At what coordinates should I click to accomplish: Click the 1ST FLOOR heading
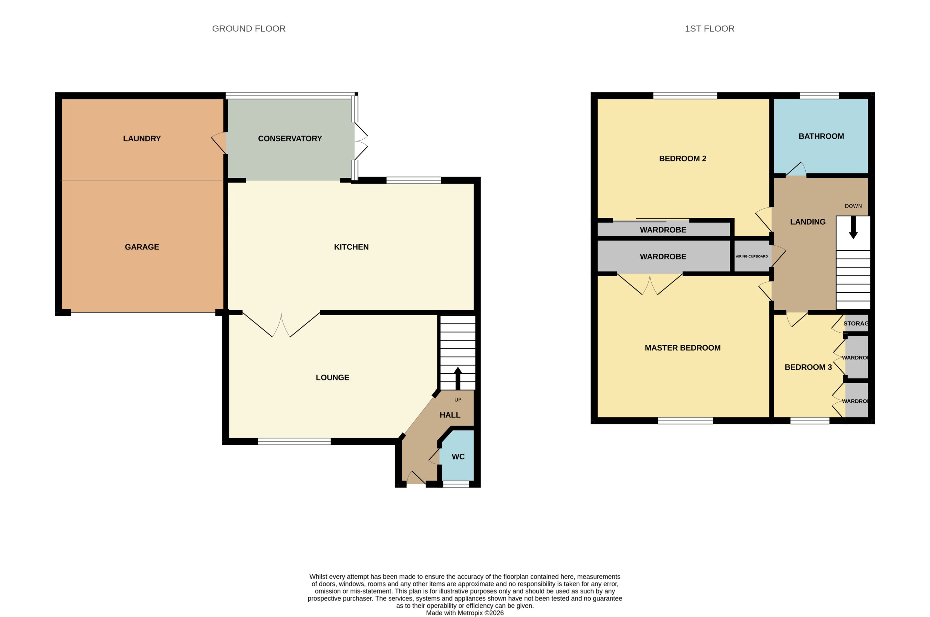(709, 29)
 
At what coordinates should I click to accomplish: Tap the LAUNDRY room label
(142, 139)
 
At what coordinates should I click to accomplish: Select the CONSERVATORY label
(290, 139)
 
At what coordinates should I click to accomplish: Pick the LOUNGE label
(333, 378)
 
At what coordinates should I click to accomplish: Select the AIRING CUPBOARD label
(751, 257)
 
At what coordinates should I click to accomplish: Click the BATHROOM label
(821, 136)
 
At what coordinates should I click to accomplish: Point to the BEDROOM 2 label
(682, 159)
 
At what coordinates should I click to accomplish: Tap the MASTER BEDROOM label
(682, 348)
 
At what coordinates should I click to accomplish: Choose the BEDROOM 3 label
(808, 367)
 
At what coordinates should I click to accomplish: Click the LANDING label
(808, 222)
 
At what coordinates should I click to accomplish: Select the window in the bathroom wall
(819, 96)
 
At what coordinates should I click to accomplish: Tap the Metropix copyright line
(465, 613)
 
